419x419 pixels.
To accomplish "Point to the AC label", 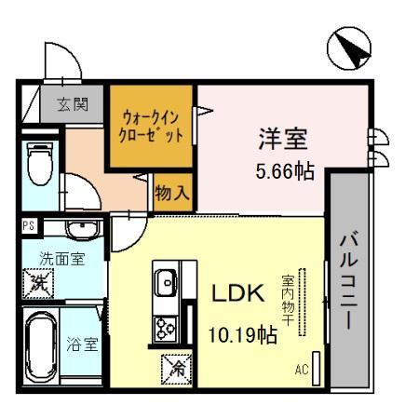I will [301, 370].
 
